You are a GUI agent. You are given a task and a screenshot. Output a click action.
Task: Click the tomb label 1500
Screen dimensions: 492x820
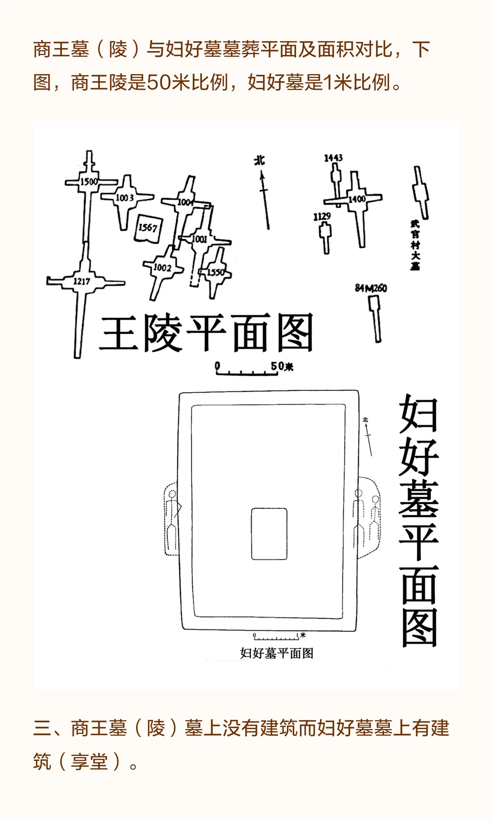point(89,181)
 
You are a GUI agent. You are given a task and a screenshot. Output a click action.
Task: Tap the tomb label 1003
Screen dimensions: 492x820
point(124,198)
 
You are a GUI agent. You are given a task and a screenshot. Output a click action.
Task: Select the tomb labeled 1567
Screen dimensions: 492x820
point(148,227)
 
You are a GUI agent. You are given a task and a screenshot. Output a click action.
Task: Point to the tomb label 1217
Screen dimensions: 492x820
point(82,281)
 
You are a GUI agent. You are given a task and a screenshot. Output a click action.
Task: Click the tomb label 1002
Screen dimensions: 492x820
point(162,267)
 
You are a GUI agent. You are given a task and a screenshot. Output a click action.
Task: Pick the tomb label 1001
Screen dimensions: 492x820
point(199,239)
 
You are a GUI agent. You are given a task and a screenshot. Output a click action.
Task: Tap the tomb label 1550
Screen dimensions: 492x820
point(216,272)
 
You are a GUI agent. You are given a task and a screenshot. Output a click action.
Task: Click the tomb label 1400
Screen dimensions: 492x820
point(357,199)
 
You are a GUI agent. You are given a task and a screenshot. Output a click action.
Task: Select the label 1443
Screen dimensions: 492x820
point(333,158)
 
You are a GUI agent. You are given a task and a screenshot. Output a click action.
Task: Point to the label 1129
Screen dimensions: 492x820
point(322,216)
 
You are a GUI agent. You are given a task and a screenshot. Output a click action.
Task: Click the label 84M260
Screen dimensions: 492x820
point(371,288)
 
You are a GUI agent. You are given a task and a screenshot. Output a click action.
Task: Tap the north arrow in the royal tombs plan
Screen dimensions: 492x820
point(264,196)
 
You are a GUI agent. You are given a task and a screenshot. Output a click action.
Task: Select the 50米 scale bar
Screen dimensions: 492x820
point(248,370)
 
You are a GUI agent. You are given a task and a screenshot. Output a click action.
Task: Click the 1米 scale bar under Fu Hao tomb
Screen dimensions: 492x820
point(277,636)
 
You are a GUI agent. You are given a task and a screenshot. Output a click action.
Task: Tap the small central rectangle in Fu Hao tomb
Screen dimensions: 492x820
point(269,534)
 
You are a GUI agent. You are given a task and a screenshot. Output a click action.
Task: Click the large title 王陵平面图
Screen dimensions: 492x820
point(206,333)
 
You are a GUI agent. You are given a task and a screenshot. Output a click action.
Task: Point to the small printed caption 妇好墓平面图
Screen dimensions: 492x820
point(277,653)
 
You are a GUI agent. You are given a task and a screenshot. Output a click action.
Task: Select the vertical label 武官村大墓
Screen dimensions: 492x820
point(415,245)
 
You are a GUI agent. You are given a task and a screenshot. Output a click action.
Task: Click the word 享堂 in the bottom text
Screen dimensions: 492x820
point(89,761)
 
